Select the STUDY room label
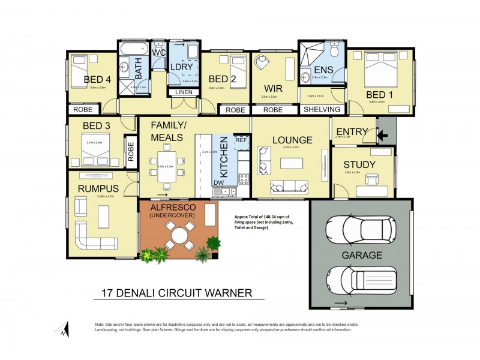point(359,164)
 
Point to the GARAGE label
point(362,255)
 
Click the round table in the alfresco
point(180,235)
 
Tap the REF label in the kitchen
point(241,140)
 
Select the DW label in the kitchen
point(219,182)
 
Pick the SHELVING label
point(322,110)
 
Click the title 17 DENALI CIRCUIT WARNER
point(179,293)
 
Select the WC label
point(159,53)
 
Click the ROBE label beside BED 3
point(131,153)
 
